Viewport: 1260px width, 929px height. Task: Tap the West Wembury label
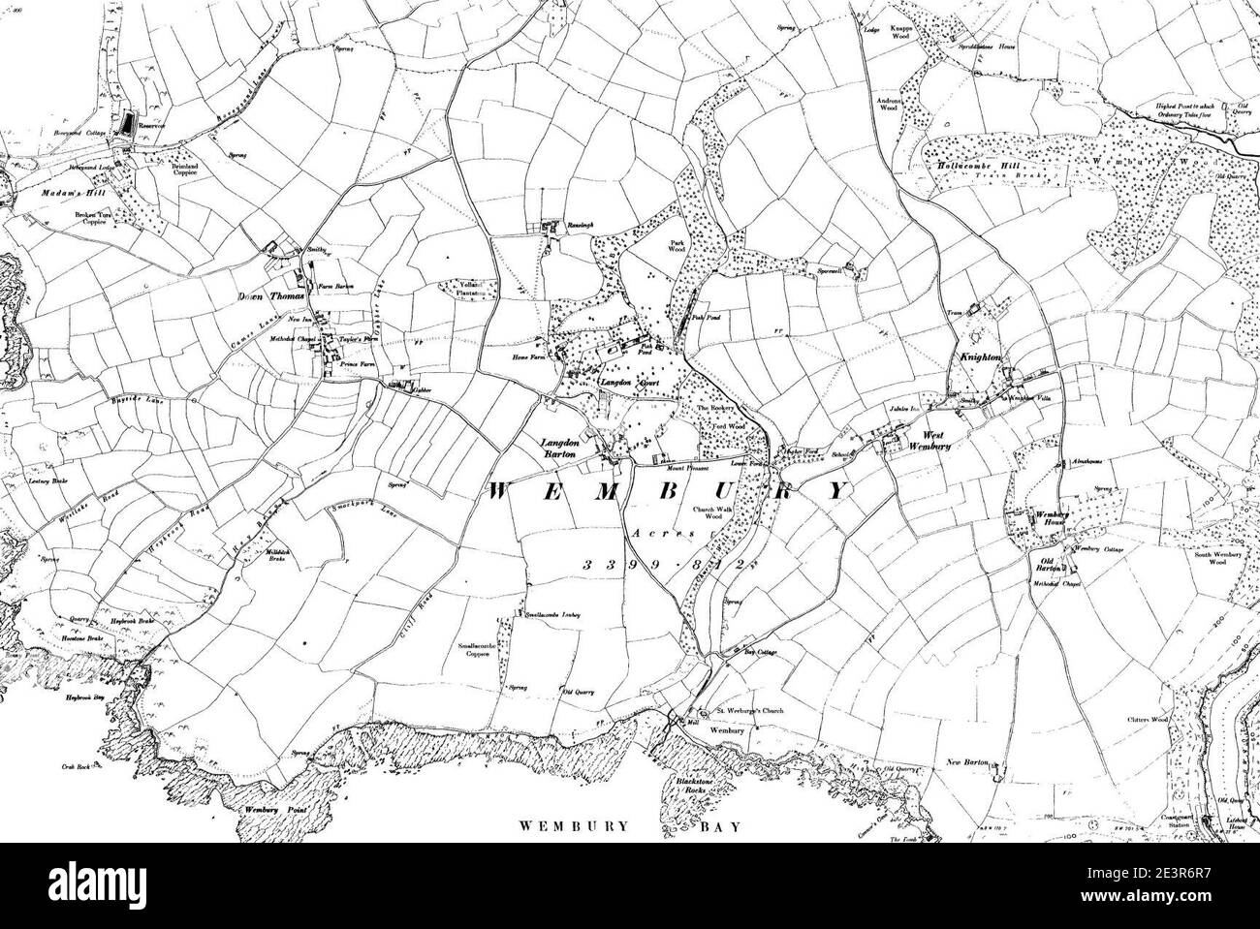coord(921,441)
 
